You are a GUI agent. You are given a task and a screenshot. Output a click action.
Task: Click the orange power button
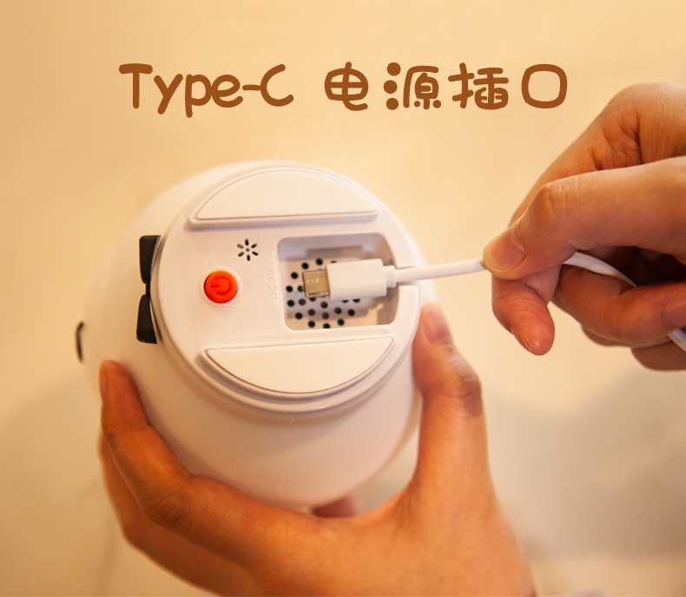[x=221, y=287]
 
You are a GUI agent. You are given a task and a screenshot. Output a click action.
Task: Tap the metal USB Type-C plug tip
[x=315, y=283]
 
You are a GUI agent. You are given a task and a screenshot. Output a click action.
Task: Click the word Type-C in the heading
[x=206, y=89]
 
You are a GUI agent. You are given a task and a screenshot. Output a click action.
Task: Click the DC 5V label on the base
[x=270, y=281]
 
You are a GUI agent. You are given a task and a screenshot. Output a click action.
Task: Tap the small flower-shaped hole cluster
[x=247, y=250]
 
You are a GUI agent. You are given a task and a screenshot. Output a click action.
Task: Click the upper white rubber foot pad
[x=285, y=199]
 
